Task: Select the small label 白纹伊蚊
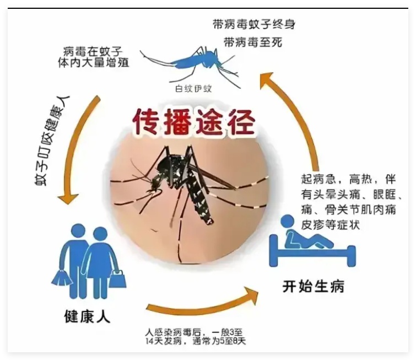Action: [193, 88]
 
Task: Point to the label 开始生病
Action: [314, 286]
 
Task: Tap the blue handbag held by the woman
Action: [117, 279]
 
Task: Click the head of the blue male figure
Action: [78, 232]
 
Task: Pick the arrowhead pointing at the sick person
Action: [250, 295]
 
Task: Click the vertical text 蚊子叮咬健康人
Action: [52, 141]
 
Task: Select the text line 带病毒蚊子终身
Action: [254, 24]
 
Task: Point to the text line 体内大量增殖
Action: [93, 62]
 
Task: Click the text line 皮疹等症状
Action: [330, 225]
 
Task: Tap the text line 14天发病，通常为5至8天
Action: [196, 341]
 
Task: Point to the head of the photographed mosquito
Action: [155, 183]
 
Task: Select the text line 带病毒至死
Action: [252, 42]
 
